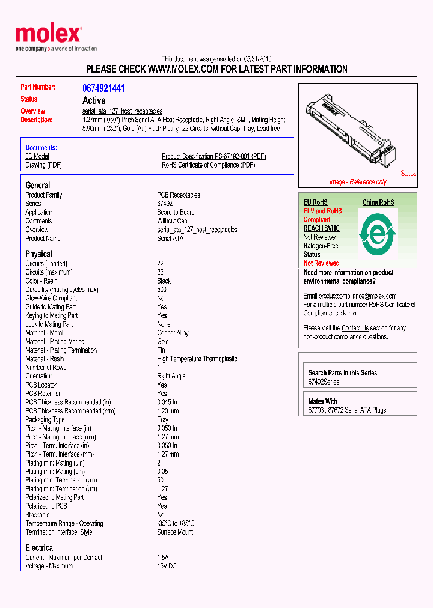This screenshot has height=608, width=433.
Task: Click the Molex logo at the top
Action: [x=48, y=34]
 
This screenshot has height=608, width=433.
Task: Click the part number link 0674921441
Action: [x=103, y=88]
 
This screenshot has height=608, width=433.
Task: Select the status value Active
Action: [x=94, y=100]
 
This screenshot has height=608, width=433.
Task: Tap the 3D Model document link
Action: [x=37, y=156]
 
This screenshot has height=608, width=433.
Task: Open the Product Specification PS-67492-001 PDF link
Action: [x=213, y=156]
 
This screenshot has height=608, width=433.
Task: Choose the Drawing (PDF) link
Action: [x=43, y=165]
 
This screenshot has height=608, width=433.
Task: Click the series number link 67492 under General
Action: [x=165, y=204]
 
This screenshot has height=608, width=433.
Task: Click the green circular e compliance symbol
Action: [x=378, y=232]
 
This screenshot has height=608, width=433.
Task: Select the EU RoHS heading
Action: [x=315, y=202]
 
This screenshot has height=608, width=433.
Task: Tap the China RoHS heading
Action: [x=378, y=202]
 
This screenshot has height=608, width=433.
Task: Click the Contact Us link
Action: [x=355, y=328]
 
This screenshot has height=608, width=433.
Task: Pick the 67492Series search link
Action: [x=324, y=382]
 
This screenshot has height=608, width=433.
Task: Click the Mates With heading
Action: [x=322, y=401]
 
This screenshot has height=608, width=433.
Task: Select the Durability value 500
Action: [x=162, y=290]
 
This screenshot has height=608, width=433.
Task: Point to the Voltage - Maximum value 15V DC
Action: [x=167, y=566]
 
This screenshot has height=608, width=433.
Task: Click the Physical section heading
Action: [x=38, y=254]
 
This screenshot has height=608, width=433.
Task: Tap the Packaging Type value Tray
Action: [x=162, y=419]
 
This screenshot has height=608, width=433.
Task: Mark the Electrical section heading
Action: [x=40, y=547]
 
